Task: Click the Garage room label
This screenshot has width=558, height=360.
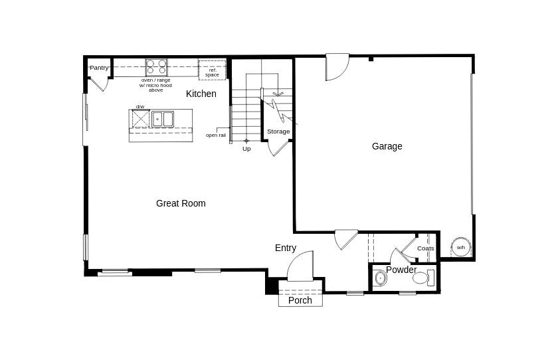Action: click(x=387, y=146)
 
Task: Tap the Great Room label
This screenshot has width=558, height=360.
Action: click(x=181, y=203)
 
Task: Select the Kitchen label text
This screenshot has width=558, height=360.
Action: click(x=201, y=94)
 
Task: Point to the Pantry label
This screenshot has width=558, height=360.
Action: click(x=99, y=67)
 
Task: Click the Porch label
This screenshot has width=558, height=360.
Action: click(x=300, y=300)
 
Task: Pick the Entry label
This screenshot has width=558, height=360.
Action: click(x=286, y=248)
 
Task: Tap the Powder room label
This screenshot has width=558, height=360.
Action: click(x=401, y=270)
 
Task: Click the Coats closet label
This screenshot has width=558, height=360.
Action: click(x=426, y=248)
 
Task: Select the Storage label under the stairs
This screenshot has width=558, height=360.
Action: click(x=278, y=132)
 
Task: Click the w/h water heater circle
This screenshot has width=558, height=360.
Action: click(x=461, y=247)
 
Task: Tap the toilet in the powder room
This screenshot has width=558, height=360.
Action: click(x=421, y=278)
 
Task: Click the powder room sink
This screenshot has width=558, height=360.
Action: click(x=381, y=278)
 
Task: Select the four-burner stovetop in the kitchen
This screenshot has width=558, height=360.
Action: click(x=157, y=67)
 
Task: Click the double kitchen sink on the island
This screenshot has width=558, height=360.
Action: click(x=163, y=119)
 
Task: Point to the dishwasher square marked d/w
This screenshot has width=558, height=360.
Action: click(x=140, y=118)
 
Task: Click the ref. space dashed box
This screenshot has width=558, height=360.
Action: click(x=212, y=70)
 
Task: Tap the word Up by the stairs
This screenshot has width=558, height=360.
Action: click(x=246, y=149)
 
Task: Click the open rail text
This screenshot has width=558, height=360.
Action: click(x=215, y=135)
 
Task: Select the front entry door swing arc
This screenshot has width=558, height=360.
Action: click(x=300, y=266)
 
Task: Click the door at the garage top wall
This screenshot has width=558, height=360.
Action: click(x=337, y=66)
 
